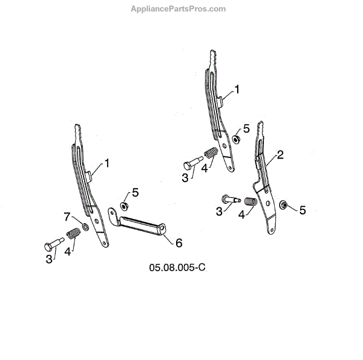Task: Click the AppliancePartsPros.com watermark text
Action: tap(178, 9)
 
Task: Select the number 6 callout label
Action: tap(178, 243)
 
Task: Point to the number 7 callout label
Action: tap(68, 217)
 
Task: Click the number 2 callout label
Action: tap(280, 155)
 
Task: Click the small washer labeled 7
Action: tap(86, 227)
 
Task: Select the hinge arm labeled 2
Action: tap(266, 182)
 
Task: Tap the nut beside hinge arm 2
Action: tap(283, 204)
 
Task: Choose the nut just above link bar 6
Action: tap(124, 206)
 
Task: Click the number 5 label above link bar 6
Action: tap(136, 192)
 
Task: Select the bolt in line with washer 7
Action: tap(51, 244)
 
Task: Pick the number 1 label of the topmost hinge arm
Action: tap(237, 89)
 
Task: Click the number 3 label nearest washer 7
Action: tap(48, 258)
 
